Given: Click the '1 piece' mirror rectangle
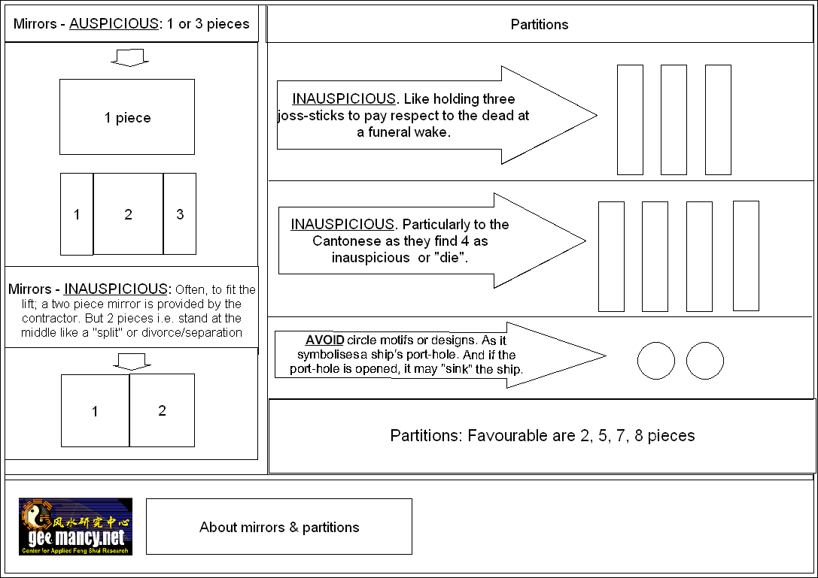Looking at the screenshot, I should coord(127,117).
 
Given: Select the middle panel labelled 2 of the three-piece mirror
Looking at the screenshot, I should coord(128,214).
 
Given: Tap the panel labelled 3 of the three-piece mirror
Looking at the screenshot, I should coord(180,214).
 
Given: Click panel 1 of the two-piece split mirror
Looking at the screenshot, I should coord(95,411).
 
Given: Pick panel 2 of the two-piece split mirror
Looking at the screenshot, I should coord(162,410).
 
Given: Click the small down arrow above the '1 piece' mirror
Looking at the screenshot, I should coord(130,58).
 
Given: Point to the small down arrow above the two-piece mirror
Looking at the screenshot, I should coord(130,362).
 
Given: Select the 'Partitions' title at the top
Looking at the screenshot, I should coord(540,24).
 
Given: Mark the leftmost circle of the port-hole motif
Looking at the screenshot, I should coord(656,361).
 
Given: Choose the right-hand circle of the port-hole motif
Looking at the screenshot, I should coord(705,361).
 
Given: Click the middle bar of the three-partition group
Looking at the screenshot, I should coord(674,120).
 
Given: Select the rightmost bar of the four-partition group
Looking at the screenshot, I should coord(746,256).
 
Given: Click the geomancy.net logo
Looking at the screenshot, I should coord(75,527).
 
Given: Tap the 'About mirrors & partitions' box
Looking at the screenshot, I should coord(279,527).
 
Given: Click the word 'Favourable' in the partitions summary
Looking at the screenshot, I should coord(502,436).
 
